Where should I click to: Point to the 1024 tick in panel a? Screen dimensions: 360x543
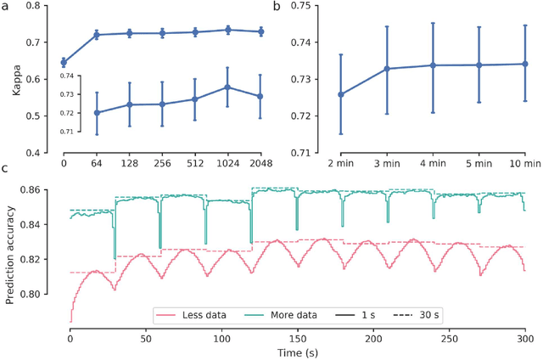226,160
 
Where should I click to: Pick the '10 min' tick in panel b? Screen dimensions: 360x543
524,160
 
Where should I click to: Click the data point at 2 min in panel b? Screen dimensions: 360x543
341,94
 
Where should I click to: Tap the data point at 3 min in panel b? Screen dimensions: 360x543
387,69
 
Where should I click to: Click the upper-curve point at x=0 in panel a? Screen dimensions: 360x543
64,62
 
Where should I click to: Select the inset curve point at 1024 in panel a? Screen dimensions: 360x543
227,87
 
